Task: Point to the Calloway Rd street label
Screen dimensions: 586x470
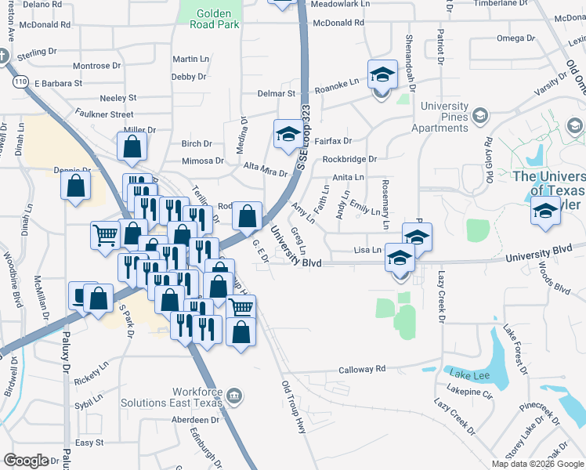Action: (362, 369)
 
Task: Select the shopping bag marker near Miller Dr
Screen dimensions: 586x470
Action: (132, 146)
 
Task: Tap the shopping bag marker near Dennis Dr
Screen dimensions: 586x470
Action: (76, 186)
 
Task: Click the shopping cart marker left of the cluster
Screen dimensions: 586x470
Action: (105, 234)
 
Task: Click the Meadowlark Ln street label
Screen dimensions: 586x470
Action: (339, 5)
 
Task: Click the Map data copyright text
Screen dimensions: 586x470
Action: (537, 464)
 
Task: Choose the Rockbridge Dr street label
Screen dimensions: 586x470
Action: (349, 159)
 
